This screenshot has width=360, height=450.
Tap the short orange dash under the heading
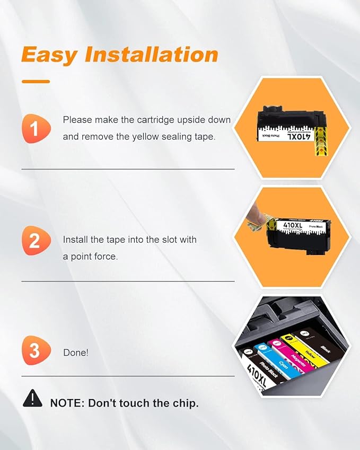pyautogui.click(x=36, y=82)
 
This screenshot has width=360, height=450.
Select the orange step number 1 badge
pyautogui.click(x=35, y=129)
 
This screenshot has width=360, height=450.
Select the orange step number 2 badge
pyautogui.click(x=35, y=241)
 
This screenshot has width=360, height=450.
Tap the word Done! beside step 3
pyautogui.click(x=76, y=352)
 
